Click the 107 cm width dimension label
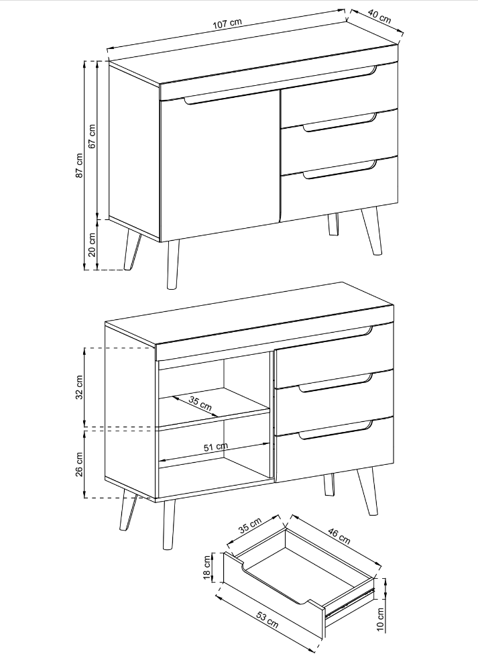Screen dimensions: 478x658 (x=227, y=23)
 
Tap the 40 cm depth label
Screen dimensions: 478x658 (x=379, y=16)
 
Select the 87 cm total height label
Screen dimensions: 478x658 (x=79, y=165)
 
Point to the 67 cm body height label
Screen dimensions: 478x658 (x=93, y=135)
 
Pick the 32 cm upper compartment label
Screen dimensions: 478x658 (x=79, y=386)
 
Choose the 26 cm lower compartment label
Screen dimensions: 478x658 (x=79, y=464)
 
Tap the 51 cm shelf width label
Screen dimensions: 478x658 (x=216, y=447)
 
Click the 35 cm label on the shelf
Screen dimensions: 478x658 (x=200, y=403)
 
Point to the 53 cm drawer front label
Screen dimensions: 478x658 (x=267, y=620)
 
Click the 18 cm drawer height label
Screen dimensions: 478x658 (x=207, y=567)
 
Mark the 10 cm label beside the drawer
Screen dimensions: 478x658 (x=380, y=619)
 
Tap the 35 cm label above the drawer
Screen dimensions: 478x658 (x=250, y=525)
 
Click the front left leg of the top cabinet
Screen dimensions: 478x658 (x=173, y=265)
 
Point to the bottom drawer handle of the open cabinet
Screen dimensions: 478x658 (x=335, y=431)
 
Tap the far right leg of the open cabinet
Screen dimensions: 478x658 (x=367, y=492)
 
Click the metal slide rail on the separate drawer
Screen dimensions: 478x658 (x=350, y=603)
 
